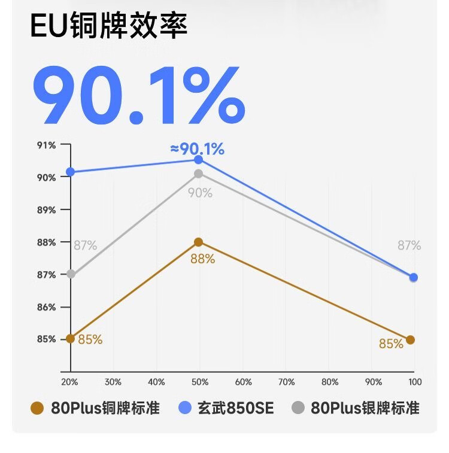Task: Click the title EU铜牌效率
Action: pyautogui.click(x=109, y=27)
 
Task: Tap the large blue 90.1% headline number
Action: pyautogui.click(x=138, y=95)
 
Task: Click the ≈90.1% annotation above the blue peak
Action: pyautogui.click(x=197, y=149)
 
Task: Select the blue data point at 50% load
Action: pyautogui.click(x=199, y=160)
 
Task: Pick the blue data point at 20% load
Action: pyautogui.click(x=71, y=172)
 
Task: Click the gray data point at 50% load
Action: pyautogui.click(x=199, y=174)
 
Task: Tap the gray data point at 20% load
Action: pyautogui.click(x=71, y=274)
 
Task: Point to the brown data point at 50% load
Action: pyautogui.click(x=199, y=242)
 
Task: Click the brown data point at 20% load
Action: pyautogui.click(x=71, y=339)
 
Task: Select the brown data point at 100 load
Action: pyautogui.click(x=410, y=340)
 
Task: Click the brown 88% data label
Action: pyautogui.click(x=202, y=259)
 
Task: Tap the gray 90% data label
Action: pyautogui.click(x=200, y=193)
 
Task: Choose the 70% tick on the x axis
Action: pyautogui.click(x=287, y=382)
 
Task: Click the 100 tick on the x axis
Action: pyautogui.click(x=415, y=382)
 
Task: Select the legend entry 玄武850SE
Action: pyautogui.click(x=227, y=408)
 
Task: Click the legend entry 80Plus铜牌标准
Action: pyautogui.click(x=96, y=408)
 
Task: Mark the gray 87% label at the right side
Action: pyautogui.click(x=409, y=245)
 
